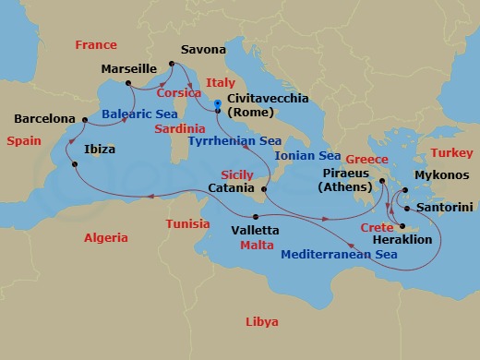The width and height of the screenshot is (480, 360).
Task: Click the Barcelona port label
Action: point(44,119)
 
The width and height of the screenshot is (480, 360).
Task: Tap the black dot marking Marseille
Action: point(126,82)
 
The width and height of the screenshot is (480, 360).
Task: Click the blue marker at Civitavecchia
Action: point(218,104)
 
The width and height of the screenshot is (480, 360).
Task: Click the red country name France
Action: point(95,44)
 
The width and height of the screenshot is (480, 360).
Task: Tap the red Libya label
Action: point(261,321)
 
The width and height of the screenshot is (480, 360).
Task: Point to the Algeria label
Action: point(106,237)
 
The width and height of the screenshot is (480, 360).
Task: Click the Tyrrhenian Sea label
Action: point(234,141)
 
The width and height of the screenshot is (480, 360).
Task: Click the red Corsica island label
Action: point(180,93)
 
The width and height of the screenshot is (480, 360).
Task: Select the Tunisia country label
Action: point(188,224)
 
